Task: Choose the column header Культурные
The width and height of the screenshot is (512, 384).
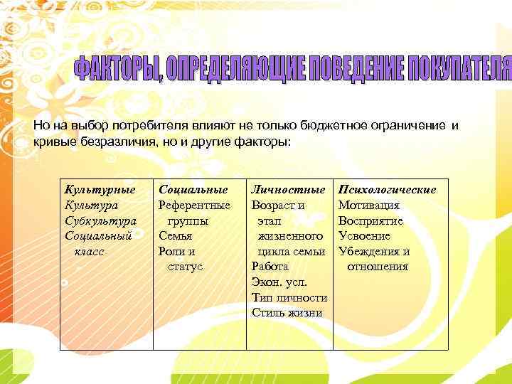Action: pyautogui.click(x=100, y=190)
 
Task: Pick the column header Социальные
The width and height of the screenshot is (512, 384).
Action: pyautogui.click(x=193, y=190)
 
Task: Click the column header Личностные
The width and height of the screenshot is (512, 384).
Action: pyautogui.click(x=288, y=190)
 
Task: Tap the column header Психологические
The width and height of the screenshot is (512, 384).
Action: pyautogui.click(x=388, y=190)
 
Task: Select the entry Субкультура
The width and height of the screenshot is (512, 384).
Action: pyautogui.click(x=100, y=220)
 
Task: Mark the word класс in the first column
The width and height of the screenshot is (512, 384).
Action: pyautogui.click(x=87, y=251)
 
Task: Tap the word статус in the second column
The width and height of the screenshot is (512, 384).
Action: pyautogui.click(x=185, y=267)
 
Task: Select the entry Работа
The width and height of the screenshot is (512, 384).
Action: pyautogui.click(x=270, y=267)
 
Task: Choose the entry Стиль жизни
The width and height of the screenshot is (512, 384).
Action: pyautogui.click(x=287, y=313)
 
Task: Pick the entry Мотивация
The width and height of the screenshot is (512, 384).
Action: pyautogui.click(x=369, y=206)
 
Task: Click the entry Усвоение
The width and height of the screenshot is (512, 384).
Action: pyautogui.click(x=365, y=236)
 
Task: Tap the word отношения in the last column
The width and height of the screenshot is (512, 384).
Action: pyautogui.click(x=378, y=267)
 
